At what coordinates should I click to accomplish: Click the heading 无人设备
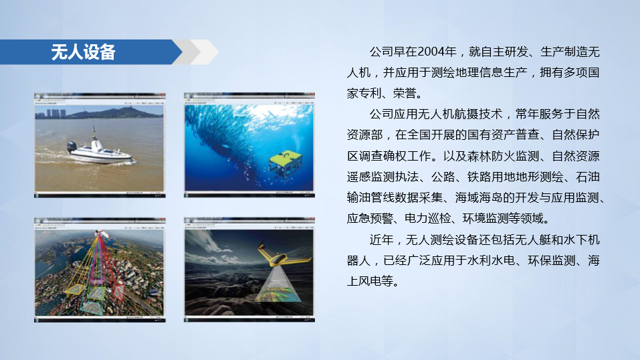click(84, 52)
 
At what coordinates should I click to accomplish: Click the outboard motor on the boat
click(72, 147)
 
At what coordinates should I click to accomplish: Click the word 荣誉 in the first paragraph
click(405, 94)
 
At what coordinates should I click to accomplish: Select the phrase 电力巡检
click(427, 219)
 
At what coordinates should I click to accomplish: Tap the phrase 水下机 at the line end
click(581, 240)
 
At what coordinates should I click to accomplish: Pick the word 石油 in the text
click(588, 177)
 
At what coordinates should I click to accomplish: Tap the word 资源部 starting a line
click(364, 135)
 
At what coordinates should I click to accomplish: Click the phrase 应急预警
click(370, 219)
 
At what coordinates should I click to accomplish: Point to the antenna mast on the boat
click(94, 132)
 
